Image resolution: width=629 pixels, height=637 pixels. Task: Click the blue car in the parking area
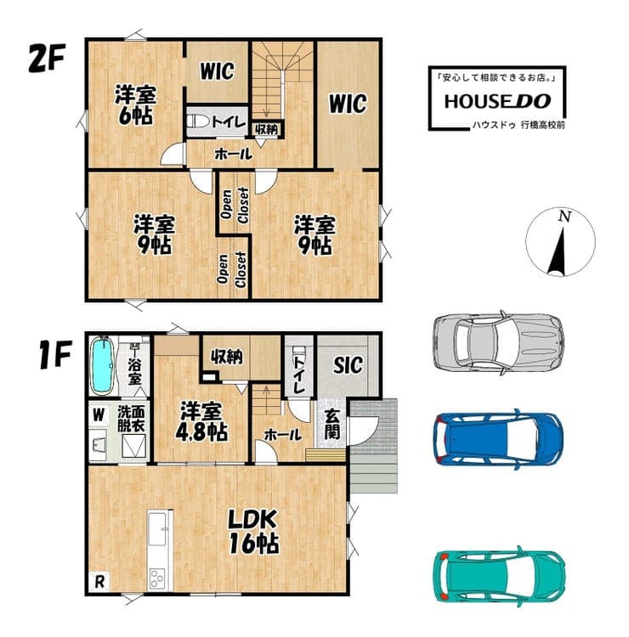click(498, 439)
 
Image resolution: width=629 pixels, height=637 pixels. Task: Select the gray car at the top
click(498, 341)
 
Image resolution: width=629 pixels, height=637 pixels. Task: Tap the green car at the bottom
click(499, 576)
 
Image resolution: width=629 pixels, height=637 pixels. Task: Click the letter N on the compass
click(564, 216)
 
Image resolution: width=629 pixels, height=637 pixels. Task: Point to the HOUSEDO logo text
click(497, 101)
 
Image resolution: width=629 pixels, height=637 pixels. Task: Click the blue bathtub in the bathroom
click(103, 365)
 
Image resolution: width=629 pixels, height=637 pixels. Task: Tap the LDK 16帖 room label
click(253, 531)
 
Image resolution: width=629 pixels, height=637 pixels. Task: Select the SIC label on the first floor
click(348, 364)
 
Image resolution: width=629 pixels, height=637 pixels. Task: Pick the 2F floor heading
click(47, 58)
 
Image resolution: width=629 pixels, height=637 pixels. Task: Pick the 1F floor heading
click(56, 355)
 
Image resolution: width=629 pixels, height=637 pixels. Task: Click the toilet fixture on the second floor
click(198, 121)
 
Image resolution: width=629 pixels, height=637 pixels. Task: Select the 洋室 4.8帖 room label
click(201, 421)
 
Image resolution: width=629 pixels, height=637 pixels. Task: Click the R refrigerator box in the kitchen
click(99, 582)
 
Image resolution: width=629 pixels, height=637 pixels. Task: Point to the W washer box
click(99, 414)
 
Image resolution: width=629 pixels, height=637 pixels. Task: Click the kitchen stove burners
click(156, 578)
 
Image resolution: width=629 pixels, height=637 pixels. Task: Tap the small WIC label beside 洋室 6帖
click(217, 71)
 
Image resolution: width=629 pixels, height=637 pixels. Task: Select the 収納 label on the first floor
click(226, 357)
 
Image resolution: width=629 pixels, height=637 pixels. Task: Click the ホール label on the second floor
click(234, 154)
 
